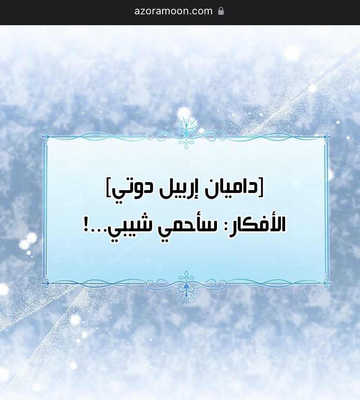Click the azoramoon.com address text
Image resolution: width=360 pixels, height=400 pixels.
coord(173,11)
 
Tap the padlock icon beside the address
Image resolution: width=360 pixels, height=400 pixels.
coord(221,11)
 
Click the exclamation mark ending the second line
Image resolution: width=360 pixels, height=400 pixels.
coord(86,225)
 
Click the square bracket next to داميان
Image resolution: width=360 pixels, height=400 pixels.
coord(261,188)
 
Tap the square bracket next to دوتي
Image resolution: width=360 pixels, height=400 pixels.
coord(108,188)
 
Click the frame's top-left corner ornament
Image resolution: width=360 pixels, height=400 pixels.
coord(46,137)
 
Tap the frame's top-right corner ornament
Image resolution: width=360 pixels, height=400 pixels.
coord(326,137)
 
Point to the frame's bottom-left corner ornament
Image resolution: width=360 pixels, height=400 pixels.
coord(46,283)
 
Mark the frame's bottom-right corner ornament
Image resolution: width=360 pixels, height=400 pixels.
coord(326,283)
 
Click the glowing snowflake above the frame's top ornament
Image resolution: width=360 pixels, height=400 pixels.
coord(183,112)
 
